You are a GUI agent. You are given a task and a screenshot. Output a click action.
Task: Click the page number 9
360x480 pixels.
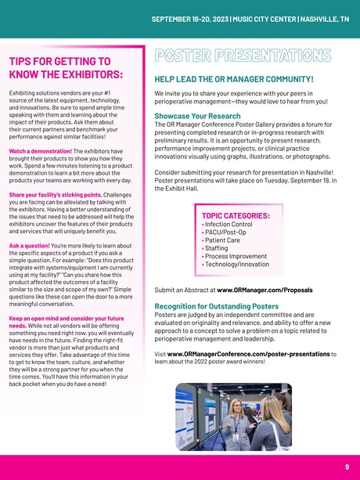tap(346, 467)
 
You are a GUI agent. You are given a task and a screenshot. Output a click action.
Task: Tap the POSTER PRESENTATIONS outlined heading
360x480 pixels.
tap(243, 57)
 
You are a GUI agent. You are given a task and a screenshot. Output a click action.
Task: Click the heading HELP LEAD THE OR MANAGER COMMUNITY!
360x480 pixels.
tap(234, 80)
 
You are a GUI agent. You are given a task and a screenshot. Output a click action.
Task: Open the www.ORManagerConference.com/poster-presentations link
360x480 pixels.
tap(247, 353)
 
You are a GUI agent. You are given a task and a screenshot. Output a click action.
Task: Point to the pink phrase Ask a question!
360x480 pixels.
tap(29, 246)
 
